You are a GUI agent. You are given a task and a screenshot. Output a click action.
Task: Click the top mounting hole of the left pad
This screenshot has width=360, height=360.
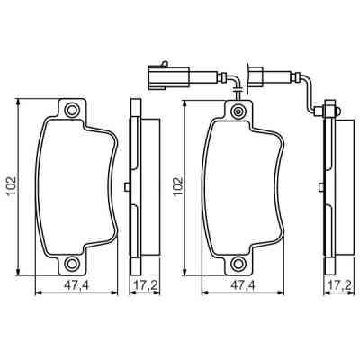click(74, 112)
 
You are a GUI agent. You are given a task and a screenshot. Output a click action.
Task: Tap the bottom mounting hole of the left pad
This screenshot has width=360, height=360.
click(74, 264)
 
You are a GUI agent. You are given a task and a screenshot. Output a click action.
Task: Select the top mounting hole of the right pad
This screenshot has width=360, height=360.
click(238, 112)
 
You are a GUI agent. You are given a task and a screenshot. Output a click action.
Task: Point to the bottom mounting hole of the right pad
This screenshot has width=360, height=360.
click(238, 264)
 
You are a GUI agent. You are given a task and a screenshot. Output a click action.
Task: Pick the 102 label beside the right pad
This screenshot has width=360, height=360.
click(176, 187)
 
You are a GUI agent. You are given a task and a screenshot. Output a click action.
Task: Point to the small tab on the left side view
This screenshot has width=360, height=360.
click(130, 187)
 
